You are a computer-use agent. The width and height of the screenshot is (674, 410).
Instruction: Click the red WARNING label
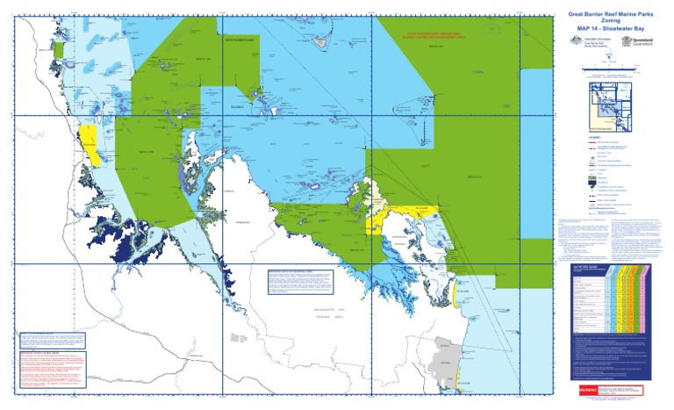583,389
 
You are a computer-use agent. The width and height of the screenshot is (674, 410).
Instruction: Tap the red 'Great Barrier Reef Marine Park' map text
430,36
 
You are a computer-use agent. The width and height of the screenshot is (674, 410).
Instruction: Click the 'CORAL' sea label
478,72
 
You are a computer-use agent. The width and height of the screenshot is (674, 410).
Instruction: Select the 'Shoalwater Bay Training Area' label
331,316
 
